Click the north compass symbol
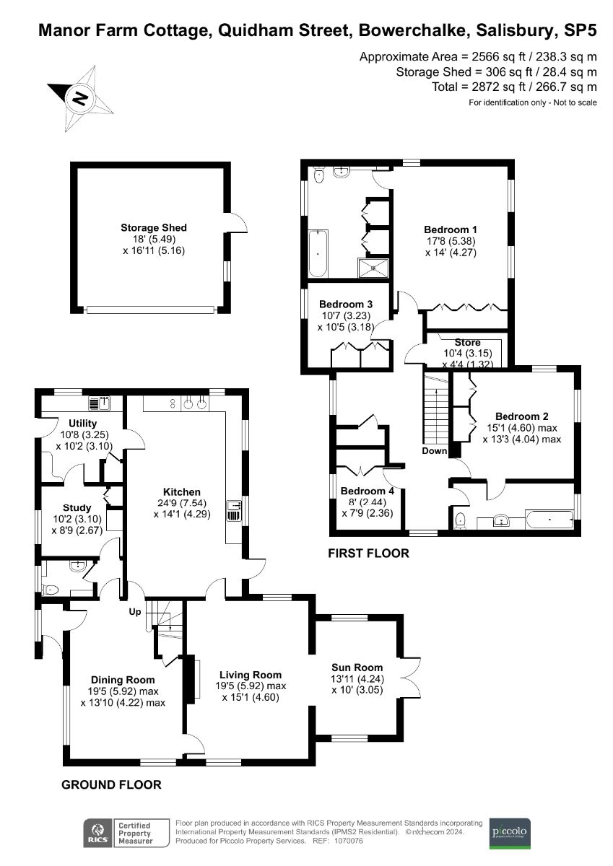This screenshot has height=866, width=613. [80, 97]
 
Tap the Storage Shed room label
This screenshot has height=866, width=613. [153, 228]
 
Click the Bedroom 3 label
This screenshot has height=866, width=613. [345, 304]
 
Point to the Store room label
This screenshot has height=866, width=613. [467, 342]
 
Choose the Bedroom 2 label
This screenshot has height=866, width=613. [521, 416]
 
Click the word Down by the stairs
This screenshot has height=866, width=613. [434, 451]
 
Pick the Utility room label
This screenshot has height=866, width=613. [83, 423]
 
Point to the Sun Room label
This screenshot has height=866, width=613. [357, 668]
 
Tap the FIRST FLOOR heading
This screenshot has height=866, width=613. [368, 554]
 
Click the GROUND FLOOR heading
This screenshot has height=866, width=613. [111, 784]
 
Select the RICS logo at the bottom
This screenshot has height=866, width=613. [92, 833]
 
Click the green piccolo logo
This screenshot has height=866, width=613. [510, 833]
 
